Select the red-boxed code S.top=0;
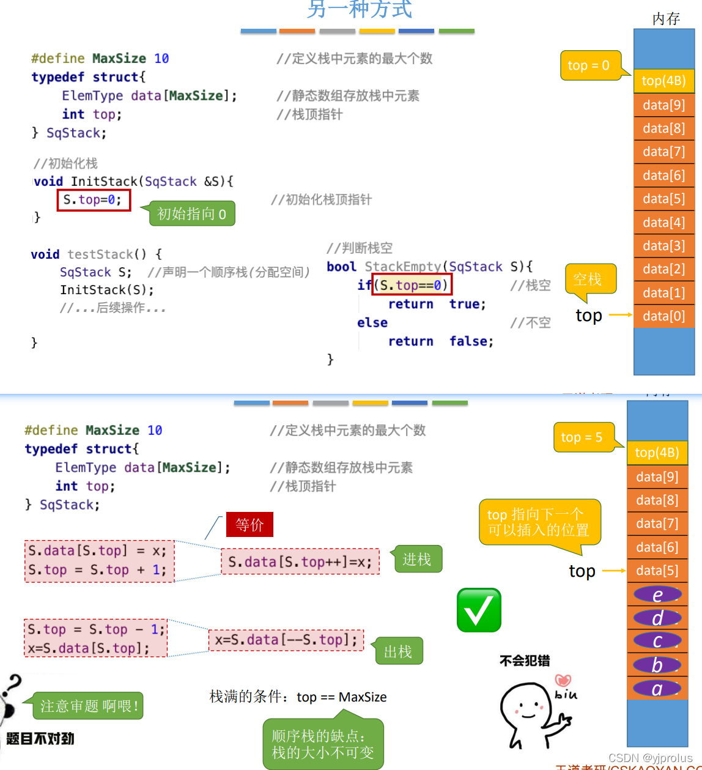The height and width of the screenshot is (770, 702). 94,200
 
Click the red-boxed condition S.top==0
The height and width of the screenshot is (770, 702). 412,285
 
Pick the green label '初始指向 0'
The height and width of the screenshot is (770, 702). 192,214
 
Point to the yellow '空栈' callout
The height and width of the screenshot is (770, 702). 589,279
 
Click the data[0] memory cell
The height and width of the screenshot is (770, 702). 663,316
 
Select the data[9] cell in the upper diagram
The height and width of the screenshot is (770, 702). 663,105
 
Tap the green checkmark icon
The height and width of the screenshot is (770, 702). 479,610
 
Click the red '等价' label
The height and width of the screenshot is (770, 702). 249,525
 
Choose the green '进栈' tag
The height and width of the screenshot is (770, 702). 417,559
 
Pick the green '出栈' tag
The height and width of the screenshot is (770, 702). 399,652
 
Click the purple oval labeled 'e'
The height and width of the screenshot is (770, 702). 657,594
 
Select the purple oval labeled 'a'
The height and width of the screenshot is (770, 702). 657,689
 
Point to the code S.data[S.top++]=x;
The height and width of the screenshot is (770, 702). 300,562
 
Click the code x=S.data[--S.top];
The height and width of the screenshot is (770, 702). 286,640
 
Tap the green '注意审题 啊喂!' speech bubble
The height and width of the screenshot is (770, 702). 89,706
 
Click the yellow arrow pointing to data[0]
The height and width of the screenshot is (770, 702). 620,315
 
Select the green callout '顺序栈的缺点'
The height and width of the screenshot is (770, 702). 323,744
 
